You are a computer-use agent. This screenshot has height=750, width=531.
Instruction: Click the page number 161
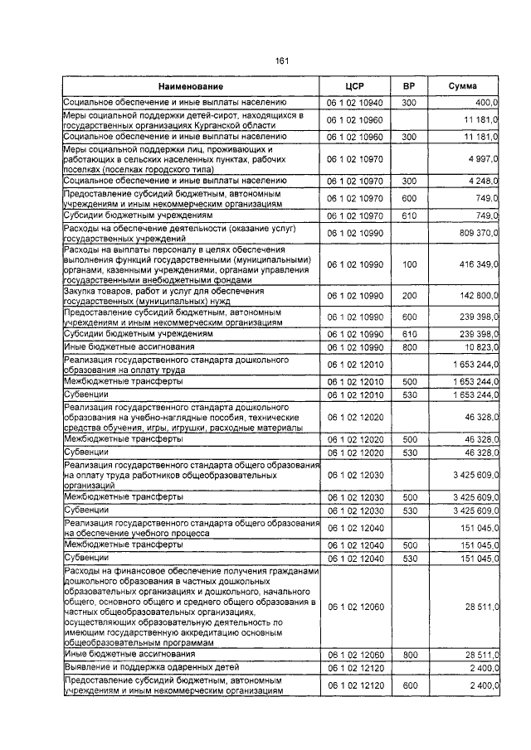[281, 61]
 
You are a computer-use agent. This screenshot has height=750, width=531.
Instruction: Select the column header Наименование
[192, 86]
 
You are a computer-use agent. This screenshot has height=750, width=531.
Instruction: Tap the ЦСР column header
[355, 86]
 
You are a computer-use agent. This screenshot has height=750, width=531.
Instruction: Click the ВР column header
[408, 86]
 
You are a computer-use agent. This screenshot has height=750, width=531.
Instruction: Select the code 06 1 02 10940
[355, 102]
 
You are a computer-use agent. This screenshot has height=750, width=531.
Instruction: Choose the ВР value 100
[408, 264]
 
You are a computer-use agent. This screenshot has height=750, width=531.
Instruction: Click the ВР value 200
[408, 296]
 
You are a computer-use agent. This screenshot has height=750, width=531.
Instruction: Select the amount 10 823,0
[480, 346]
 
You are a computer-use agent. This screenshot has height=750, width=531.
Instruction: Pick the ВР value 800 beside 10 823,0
[408, 346]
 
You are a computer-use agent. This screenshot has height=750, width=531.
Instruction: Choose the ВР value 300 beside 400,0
[408, 102]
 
